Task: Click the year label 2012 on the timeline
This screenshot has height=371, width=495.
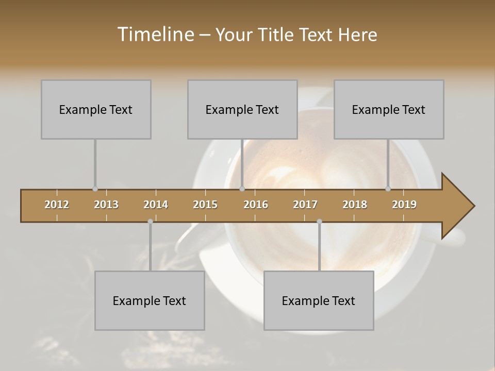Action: (x=57, y=205)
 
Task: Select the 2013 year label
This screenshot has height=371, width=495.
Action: (x=106, y=205)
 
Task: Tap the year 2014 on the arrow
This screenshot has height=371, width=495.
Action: (x=156, y=205)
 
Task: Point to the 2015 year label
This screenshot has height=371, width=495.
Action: (x=205, y=205)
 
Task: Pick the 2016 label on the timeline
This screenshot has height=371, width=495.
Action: (x=256, y=205)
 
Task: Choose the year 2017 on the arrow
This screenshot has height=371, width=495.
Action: (x=305, y=205)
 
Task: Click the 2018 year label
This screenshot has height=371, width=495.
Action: (x=355, y=205)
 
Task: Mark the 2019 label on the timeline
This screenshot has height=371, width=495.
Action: (x=404, y=205)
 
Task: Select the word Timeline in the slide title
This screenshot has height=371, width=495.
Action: (x=154, y=35)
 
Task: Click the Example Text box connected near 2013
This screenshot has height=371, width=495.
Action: (x=96, y=109)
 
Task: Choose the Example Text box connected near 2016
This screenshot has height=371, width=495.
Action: (x=242, y=109)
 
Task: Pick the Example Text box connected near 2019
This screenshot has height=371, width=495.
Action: (x=389, y=109)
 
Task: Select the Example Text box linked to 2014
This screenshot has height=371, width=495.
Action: (x=150, y=300)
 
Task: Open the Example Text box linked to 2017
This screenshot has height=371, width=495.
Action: (x=319, y=300)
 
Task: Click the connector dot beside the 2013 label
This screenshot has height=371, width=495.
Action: (x=95, y=189)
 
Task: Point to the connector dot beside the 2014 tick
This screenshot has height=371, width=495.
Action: (x=150, y=221)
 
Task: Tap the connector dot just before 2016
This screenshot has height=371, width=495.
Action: (x=242, y=189)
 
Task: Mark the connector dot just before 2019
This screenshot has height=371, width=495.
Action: (x=388, y=189)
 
